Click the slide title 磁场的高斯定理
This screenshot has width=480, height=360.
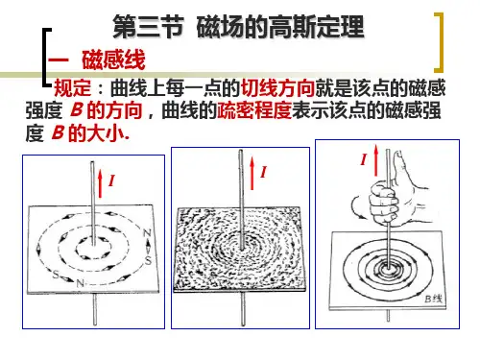pos(280,27)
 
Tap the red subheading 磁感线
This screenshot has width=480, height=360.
pos(113,60)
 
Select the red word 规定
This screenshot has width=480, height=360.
pos(72,88)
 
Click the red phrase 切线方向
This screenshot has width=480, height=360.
pos(277,88)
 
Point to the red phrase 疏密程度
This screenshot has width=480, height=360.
pos(254,110)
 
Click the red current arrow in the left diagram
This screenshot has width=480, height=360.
pos(101,183)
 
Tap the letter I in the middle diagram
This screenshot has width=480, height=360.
pos(263,172)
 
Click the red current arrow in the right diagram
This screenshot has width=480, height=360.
pos(375,159)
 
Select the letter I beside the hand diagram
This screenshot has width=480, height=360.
pos(363,159)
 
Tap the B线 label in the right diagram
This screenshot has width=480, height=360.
pos(434,299)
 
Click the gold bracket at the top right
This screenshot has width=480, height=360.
pos(439,42)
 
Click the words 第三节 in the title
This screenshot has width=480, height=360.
pos(148,27)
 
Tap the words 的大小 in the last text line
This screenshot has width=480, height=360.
pos(96,133)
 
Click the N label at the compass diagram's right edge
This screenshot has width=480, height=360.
pos(147,233)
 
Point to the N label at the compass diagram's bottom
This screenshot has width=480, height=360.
pos(80,283)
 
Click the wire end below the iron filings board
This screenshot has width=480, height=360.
pos(243,309)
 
